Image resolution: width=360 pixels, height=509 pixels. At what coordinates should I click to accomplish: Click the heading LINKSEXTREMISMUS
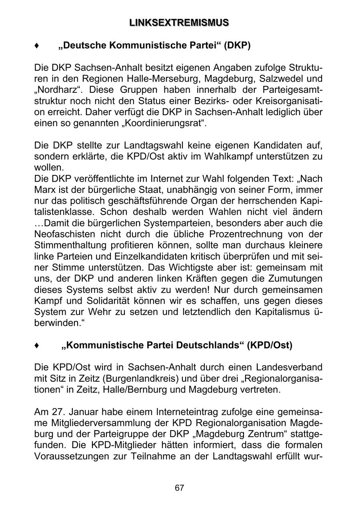pos(179,23)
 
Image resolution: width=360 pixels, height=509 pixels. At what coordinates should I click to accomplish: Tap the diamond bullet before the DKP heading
pos(37,46)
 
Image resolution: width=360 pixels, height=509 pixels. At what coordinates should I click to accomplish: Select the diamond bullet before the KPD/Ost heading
pos(37,345)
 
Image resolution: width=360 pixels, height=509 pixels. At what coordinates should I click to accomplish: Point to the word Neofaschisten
pos(65,234)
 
